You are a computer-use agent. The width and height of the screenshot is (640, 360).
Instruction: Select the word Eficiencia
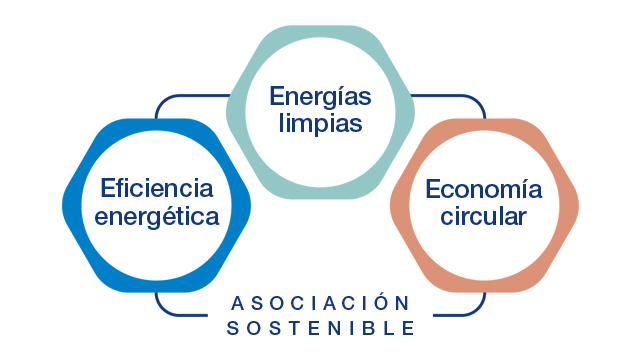point(157,188)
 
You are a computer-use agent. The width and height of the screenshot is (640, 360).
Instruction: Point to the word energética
point(157,216)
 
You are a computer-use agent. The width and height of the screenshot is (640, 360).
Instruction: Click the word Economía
point(483,190)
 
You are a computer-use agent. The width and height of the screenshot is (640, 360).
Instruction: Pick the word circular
point(483,216)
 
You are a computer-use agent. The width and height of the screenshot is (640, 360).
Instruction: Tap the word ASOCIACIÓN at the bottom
point(320,303)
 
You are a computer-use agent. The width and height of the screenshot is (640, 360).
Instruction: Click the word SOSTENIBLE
point(320,327)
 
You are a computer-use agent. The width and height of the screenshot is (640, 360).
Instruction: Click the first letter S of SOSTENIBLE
point(232,327)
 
